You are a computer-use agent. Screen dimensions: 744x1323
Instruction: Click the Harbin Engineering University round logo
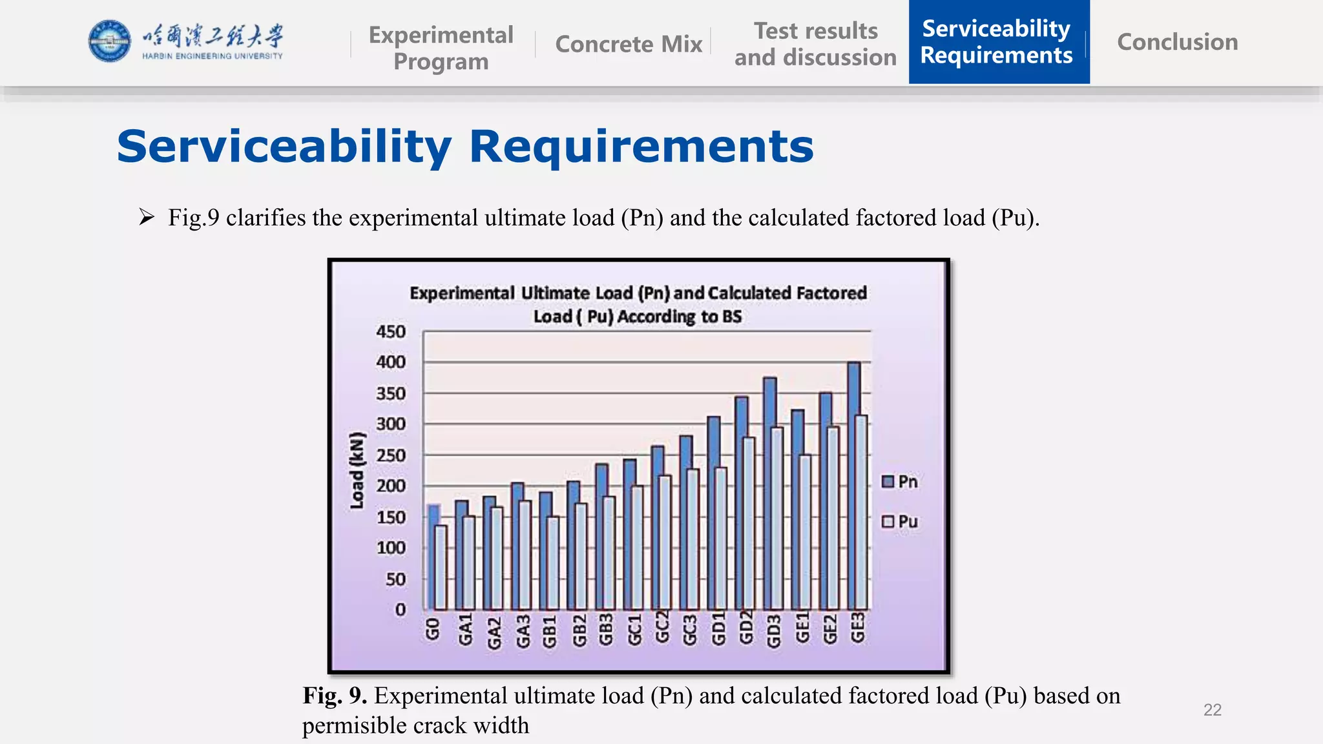pos(109,41)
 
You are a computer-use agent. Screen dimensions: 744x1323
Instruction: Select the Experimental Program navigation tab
pos(441,48)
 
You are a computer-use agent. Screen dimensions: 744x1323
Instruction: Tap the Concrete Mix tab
pos(628,44)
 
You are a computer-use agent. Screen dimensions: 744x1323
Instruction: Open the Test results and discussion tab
pos(815,44)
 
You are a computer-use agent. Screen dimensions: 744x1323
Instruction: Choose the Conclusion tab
pos(1177,42)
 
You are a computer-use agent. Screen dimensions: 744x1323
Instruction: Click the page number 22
pos(1212,710)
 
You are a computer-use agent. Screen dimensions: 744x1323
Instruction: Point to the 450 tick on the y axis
pos(391,332)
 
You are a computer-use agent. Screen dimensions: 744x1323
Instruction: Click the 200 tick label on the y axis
pos(391,486)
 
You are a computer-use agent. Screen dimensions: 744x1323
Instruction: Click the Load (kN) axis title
pos(357,470)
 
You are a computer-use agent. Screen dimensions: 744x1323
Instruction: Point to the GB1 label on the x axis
pos(549,630)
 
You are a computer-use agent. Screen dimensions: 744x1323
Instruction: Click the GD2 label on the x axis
pos(745,628)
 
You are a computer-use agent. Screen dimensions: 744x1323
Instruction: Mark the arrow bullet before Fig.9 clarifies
pos(147,217)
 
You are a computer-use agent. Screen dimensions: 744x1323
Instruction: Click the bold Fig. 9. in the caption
pos(335,696)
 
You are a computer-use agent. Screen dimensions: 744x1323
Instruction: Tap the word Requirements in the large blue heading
pos(641,147)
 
